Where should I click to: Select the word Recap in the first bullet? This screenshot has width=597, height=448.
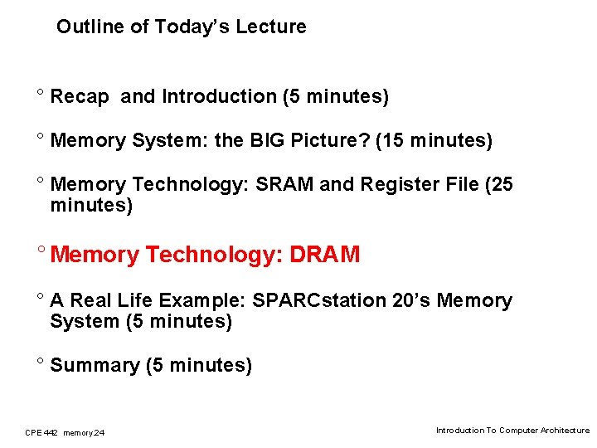click(x=80, y=97)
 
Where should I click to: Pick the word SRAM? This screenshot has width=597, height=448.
click(x=285, y=184)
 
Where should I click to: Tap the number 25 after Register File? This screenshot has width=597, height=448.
click(x=501, y=184)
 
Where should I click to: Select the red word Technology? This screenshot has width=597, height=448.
click(x=214, y=255)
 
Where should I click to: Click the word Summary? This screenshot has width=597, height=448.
click(x=95, y=365)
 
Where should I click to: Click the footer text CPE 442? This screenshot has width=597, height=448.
click(x=41, y=432)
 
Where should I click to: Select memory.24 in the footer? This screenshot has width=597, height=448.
click(x=84, y=432)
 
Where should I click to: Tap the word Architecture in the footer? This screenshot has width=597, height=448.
click(x=565, y=431)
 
